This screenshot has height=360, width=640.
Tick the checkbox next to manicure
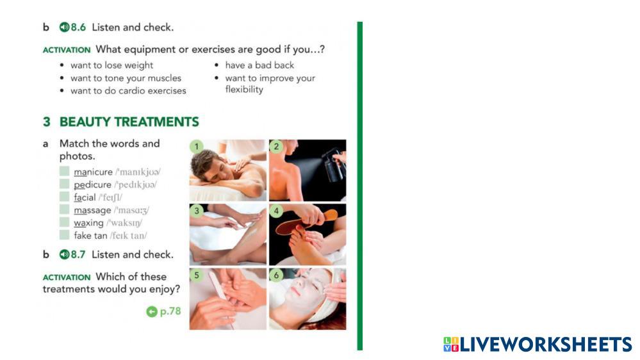click(64, 171)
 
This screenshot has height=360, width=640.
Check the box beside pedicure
click(64, 184)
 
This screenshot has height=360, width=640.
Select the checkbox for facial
click(64, 196)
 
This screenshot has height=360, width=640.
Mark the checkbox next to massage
click(64, 209)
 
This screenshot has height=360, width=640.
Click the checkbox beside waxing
click(64, 222)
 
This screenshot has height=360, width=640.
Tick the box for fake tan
click(64, 234)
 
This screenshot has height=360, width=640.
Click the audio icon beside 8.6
click(64, 28)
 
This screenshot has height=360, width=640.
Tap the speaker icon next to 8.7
click(64, 255)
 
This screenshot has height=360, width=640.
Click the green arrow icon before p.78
click(152, 312)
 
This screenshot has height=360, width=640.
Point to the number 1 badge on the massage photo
click(197, 147)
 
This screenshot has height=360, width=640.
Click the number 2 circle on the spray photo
click(276, 147)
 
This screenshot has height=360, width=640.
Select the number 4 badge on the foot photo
click(276, 211)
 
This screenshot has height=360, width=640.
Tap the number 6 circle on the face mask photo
click(276, 275)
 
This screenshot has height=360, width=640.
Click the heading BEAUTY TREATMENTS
click(129, 122)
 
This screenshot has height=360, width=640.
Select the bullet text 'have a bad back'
click(259, 65)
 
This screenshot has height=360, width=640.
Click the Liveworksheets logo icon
click(451, 344)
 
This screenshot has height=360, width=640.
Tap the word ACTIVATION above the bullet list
click(67, 50)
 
